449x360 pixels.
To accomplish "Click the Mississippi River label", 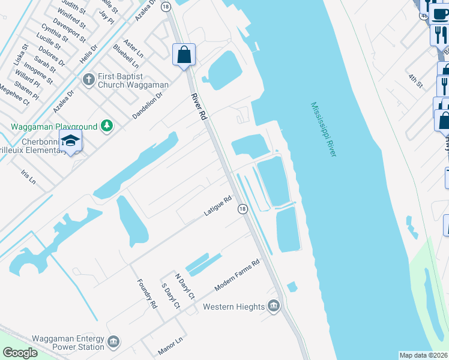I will click(x=324, y=130).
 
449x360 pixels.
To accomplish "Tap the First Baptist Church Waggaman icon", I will click(x=89, y=79).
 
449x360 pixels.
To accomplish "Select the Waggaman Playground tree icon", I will click(x=107, y=125).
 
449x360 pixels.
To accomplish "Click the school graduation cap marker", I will click(x=70, y=141).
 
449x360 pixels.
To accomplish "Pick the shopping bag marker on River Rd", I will click(x=184, y=55).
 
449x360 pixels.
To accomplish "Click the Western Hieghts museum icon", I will click(x=274, y=307).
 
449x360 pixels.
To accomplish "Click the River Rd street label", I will click(x=199, y=106).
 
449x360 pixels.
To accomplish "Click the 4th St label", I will click(x=416, y=80).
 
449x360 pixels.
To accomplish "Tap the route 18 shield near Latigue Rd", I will click(x=242, y=208).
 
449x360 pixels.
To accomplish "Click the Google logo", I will click(x=20, y=353).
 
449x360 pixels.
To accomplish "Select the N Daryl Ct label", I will click(x=185, y=287).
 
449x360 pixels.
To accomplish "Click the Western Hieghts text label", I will click(x=234, y=307).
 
